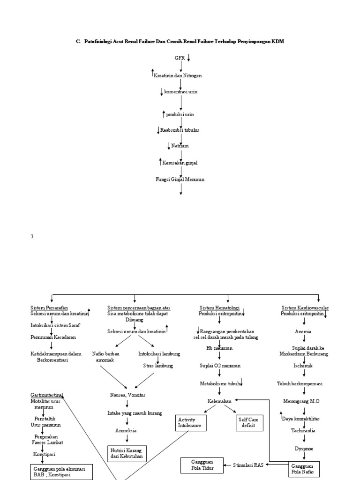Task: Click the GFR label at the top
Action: pyautogui.click(x=180, y=58)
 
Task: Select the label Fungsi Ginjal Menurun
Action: pyautogui.click(x=180, y=179)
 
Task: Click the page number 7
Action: pyautogui.click(x=32, y=237)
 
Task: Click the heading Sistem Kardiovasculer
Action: pyautogui.click(x=305, y=307)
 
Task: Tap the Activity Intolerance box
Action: pyautogui.click(x=190, y=422)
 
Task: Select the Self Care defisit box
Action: pyautogui.click(x=249, y=422)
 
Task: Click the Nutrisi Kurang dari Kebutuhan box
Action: pyautogui.click(x=127, y=453)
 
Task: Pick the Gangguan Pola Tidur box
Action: pyautogui.click(x=200, y=465)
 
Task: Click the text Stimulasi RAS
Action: pyautogui.click(x=248, y=465)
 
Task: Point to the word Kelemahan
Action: pyautogui.click(x=220, y=401)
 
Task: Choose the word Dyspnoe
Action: pyautogui.click(x=304, y=448)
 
